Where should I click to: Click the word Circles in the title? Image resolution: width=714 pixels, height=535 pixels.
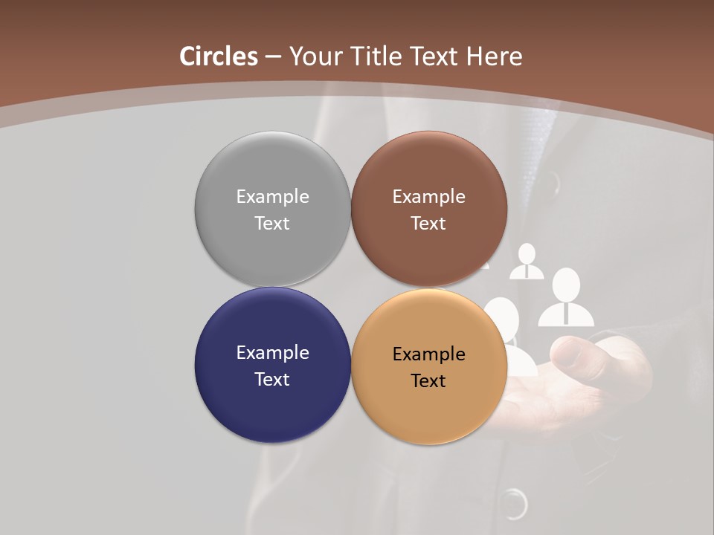[x=219, y=56]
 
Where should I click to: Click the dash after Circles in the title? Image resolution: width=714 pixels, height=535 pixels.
[x=273, y=57]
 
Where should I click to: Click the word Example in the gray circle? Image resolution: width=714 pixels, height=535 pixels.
[x=272, y=196]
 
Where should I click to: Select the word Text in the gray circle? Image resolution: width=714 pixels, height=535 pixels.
[x=272, y=223]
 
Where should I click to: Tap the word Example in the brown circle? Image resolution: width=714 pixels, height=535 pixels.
[x=428, y=196]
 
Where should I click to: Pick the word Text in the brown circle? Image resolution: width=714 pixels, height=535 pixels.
[x=428, y=223]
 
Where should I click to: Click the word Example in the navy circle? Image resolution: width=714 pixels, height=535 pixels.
[x=272, y=352]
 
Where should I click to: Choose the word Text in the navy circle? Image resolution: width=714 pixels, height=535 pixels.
[x=272, y=379]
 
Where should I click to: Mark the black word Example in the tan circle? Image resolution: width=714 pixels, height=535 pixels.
[x=428, y=354]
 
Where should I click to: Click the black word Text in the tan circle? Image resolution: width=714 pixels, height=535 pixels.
[x=428, y=380]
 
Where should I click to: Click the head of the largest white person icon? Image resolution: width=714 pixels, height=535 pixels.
[x=566, y=283]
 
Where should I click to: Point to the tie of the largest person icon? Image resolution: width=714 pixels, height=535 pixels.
[x=566, y=312]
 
